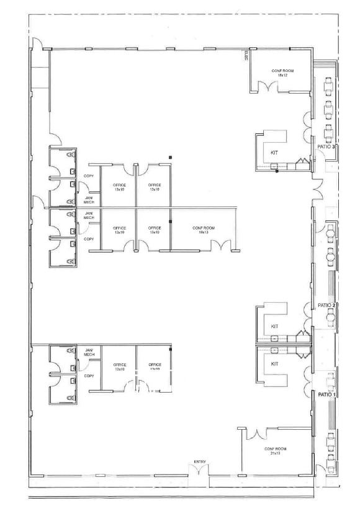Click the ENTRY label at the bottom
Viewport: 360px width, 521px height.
200,461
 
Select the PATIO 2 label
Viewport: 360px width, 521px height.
327,306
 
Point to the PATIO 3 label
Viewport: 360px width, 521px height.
326,147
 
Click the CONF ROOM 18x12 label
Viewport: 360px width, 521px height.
282,73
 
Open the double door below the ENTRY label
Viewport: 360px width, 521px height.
200,473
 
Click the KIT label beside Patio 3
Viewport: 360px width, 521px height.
274,152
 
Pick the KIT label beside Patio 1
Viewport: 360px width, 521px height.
274,364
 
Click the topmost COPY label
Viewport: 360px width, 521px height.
89,176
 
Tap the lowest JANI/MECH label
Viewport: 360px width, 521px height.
89,353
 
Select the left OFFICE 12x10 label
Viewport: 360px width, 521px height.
120,367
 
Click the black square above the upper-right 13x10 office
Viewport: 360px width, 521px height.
169,158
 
